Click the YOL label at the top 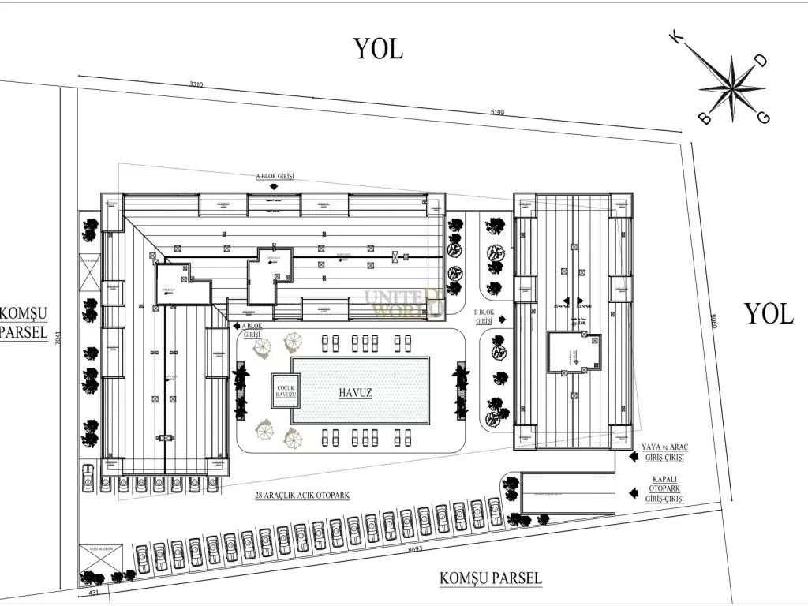tap(378, 48)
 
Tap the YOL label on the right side tap(769, 314)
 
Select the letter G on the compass tap(763, 118)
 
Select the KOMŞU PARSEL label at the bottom tap(490, 578)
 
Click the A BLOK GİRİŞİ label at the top tap(274, 178)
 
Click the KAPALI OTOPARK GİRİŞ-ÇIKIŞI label tap(663, 492)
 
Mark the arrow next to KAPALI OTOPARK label tap(633, 492)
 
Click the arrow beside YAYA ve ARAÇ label tap(633, 456)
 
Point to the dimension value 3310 tap(197, 84)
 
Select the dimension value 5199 tap(497, 113)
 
